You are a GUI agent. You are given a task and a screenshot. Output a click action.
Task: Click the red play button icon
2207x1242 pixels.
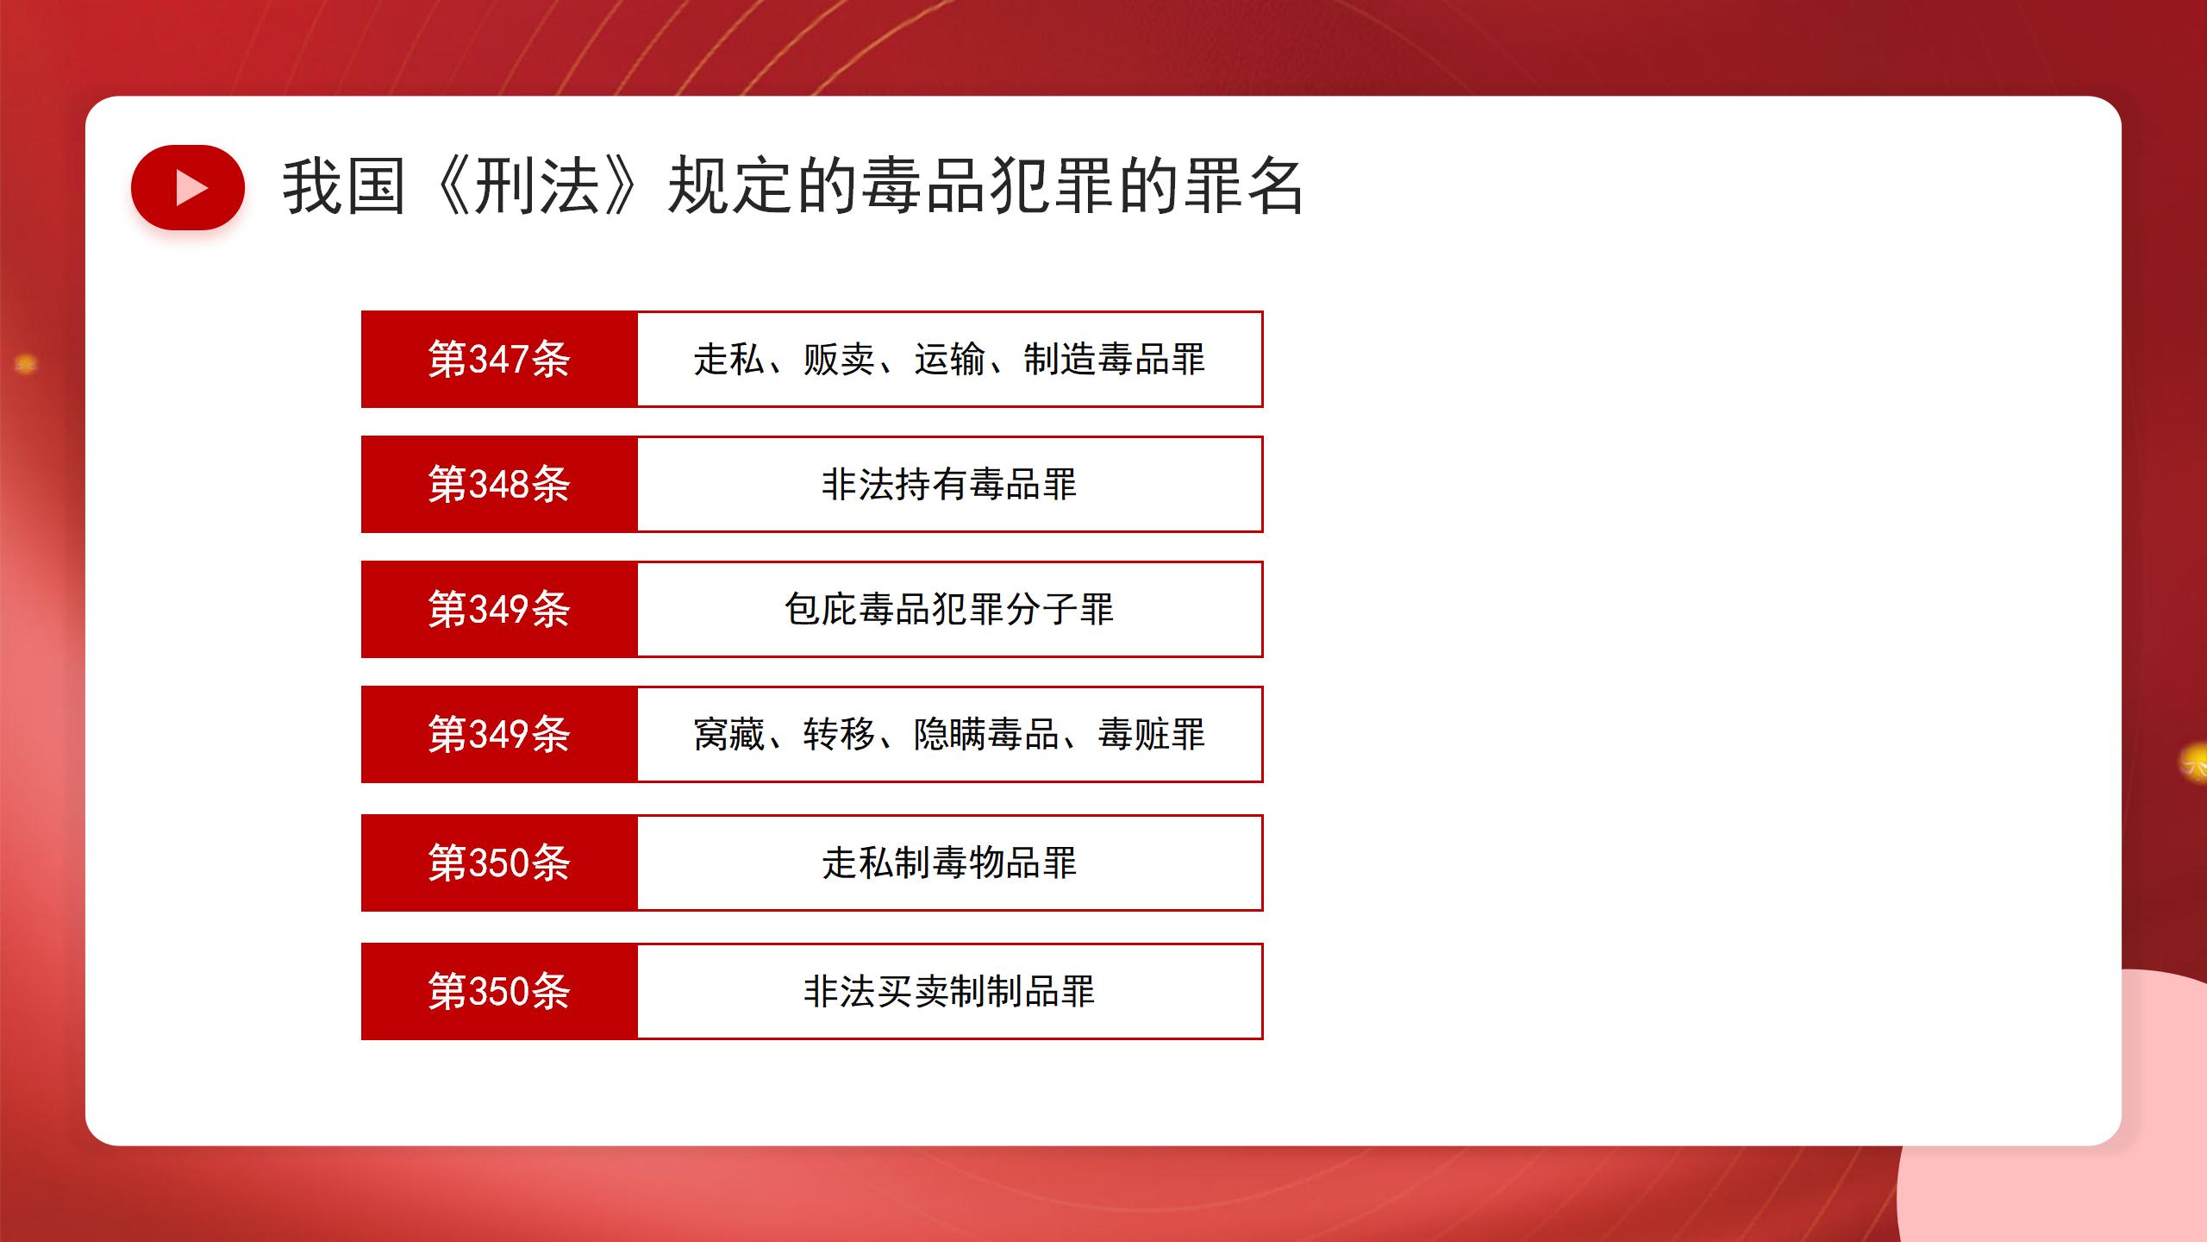[x=188, y=187]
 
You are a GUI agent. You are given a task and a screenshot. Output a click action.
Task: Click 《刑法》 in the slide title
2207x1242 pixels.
[x=536, y=186]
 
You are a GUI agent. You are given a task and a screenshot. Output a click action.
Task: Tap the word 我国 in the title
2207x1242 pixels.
[x=344, y=186]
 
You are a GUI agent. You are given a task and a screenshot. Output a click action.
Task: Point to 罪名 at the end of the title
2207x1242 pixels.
[x=1244, y=186]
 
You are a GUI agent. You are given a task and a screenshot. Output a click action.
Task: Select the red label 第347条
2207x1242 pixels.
[x=499, y=359]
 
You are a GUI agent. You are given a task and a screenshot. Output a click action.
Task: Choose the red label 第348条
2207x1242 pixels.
[x=499, y=484]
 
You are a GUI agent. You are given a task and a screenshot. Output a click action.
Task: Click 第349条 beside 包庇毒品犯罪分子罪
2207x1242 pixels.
[x=499, y=609]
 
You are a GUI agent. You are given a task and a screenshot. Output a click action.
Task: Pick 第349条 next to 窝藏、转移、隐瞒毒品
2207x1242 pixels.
[x=499, y=734]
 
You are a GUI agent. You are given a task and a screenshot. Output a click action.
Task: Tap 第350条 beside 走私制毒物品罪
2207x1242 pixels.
[x=499, y=862]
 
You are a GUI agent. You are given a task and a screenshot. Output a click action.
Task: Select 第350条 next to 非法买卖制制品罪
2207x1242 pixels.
[x=499, y=991]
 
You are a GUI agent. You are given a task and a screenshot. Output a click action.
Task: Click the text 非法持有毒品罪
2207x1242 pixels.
[x=949, y=484]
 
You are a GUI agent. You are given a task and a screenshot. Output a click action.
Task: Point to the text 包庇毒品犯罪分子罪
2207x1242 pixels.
[x=949, y=609]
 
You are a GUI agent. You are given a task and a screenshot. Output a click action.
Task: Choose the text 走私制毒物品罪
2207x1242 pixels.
[x=949, y=862]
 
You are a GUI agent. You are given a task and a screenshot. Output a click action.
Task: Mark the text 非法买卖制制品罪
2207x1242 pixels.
[x=949, y=991]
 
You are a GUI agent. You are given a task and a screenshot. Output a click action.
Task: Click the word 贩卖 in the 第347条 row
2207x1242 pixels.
[x=839, y=359]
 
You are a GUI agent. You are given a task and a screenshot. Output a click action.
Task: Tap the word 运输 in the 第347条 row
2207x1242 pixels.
[x=949, y=359]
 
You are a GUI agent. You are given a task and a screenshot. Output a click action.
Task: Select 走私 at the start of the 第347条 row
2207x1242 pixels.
[x=729, y=359]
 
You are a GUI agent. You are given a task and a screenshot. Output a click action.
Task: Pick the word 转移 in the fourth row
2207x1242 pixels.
[x=839, y=734]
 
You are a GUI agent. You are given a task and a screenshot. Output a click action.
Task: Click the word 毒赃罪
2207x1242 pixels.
[x=1151, y=734]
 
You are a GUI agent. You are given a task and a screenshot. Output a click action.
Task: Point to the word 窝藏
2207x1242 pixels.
[x=729, y=734]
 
